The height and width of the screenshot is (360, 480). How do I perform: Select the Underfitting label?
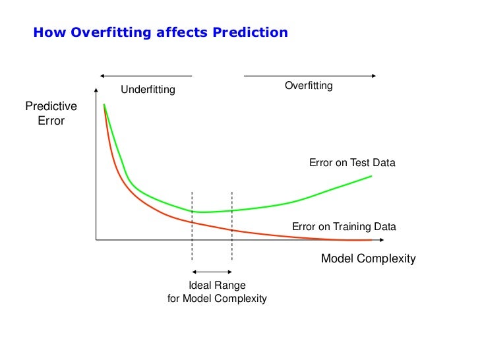tap(148, 89)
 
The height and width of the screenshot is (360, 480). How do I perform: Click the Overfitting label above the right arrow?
tap(309, 86)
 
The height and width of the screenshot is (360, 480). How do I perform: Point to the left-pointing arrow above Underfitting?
tap(145, 75)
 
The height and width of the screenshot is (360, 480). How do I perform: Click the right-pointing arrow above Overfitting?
tap(310, 75)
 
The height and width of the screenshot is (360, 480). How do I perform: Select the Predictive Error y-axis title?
tap(51, 113)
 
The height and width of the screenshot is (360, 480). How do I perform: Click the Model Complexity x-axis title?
tap(368, 258)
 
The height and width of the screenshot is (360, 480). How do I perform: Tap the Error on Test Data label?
tap(352, 163)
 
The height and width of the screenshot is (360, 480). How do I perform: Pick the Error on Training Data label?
tap(344, 227)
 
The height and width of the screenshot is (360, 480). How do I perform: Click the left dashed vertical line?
tap(192, 224)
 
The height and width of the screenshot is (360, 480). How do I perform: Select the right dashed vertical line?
tap(232, 224)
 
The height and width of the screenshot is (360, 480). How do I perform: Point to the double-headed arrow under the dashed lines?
tap(212, 272)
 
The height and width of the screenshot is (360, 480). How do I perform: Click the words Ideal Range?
tap(217, 285)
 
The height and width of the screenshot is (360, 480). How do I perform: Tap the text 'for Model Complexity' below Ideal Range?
tap(217, 299)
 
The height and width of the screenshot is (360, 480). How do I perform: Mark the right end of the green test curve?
tap(372, 176)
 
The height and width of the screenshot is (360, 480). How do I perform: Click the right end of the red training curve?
tap(371, 239)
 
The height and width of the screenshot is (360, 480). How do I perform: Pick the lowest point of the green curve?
tap(203, 212)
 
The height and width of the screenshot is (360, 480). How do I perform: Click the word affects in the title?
tap(175, 32)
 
